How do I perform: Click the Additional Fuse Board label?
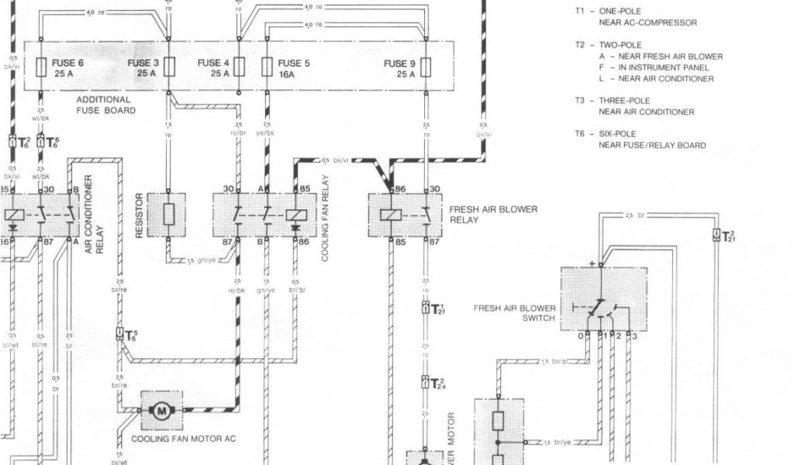pyautogui.click(x=106, y=105)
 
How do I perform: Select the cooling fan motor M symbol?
pyautogui.click(x=162, y=411)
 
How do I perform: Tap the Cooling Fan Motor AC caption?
pyautogui.click(x=184, y=439)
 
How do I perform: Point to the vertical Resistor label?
pyautogui.click(x=140, y=215)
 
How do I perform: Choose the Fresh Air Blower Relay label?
pyautogui.click(x=493, y=215)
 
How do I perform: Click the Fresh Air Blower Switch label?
pyautogui.click(x=514, y=312)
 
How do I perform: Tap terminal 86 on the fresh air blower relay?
pyautogui.click(x=400, y=188)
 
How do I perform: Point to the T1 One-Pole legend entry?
pyautogui.click(x=635, y=18)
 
